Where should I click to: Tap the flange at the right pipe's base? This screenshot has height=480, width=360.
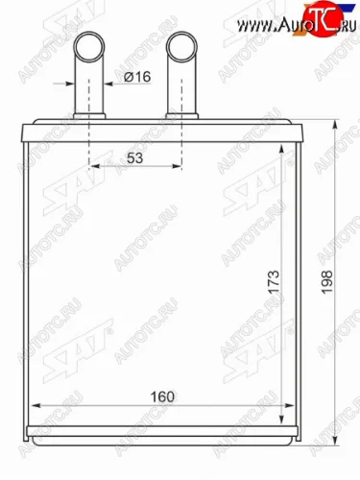click(x=181, y=117)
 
